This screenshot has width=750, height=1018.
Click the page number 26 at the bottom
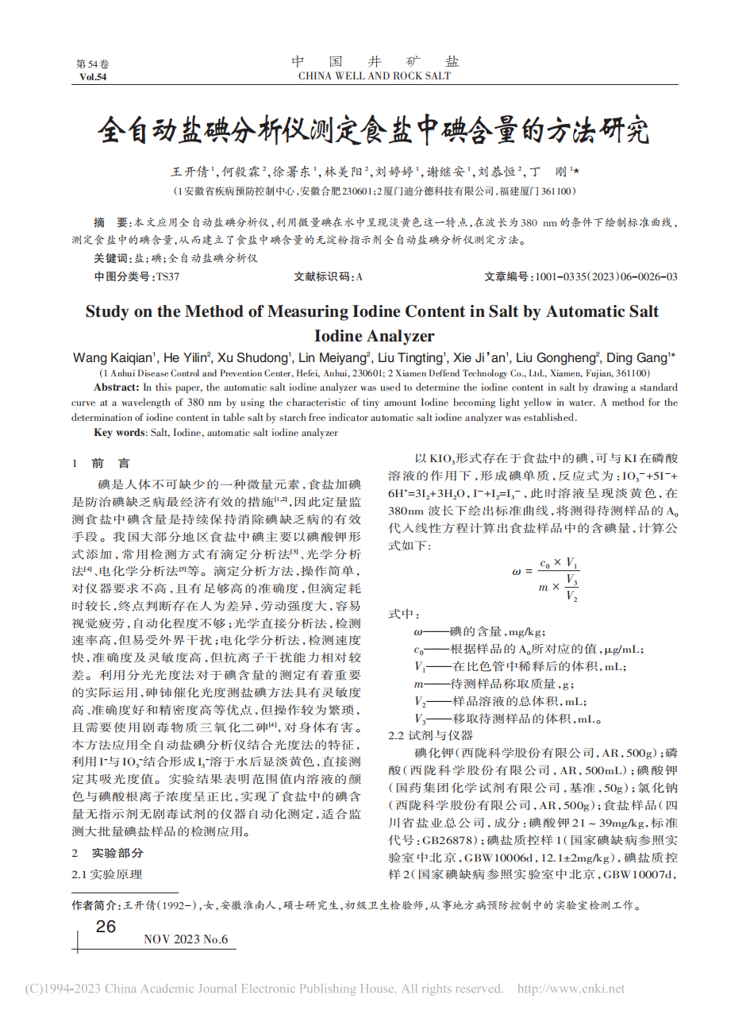click(106, 927)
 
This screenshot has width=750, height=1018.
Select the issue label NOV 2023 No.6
click(186, 940)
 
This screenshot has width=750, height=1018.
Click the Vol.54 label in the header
click(93, 77)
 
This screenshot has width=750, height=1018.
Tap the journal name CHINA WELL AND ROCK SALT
click(374, 76)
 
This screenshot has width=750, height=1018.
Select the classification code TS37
click(167, 276)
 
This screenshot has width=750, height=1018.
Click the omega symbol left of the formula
click(517, 572)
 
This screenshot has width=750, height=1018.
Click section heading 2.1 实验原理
click(107, 873)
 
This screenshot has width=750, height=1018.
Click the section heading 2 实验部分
click(108, 853)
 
